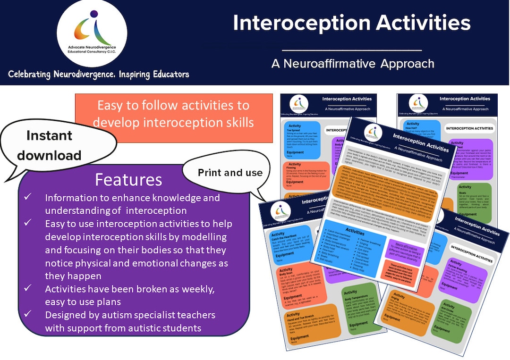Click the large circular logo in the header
pos(92,33)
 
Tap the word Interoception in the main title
pos(302,23)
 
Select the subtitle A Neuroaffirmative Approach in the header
pos(352,63)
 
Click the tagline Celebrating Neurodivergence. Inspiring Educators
pos(99,74)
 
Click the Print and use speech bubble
pos(230,173)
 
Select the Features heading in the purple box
pos(128,180)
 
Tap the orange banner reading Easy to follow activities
pos(174,114)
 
